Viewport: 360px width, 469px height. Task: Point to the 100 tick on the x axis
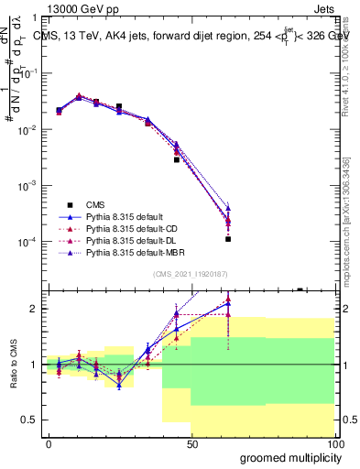(334, 444)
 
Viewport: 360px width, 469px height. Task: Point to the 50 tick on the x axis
(191, 444)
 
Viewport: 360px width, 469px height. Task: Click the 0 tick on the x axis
(49, 444)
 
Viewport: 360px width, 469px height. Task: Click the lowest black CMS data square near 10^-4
(227, 239)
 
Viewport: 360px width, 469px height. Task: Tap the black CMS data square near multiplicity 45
(177, 159)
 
